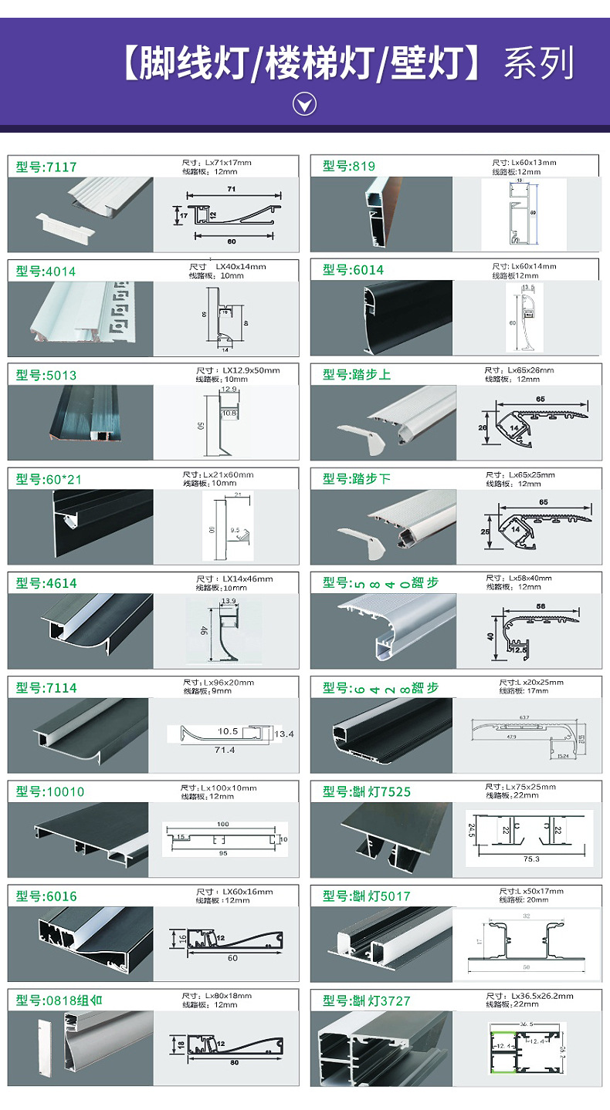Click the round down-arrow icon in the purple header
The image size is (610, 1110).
tap(305, 104)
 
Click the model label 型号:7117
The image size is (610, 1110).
tap(46, 167)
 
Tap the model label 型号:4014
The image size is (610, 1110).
tap(46, 272)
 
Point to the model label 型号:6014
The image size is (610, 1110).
tap(353, 270)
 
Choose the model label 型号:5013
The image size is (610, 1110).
tap(46, 376)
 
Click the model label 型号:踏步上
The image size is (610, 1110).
tap(357, 375)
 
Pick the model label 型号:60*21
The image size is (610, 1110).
tap(49, 480)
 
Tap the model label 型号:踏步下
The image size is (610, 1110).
tap(357, 479)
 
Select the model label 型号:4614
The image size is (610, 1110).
tap(46, 584)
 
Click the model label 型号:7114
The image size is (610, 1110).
tap(46, 688)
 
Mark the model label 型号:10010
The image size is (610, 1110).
tap(50, 792)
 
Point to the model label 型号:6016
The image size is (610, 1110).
tap(46, 896)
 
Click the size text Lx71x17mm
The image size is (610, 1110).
tap(228, 164)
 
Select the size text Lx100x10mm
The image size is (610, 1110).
tap(229, 788)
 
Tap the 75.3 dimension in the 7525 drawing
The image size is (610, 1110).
tap(531, 859)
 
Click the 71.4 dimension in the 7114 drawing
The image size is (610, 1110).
tap(225, 750)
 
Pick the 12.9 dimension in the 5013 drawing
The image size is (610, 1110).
tap(229, 390)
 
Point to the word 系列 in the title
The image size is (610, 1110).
tap(539, 64)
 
